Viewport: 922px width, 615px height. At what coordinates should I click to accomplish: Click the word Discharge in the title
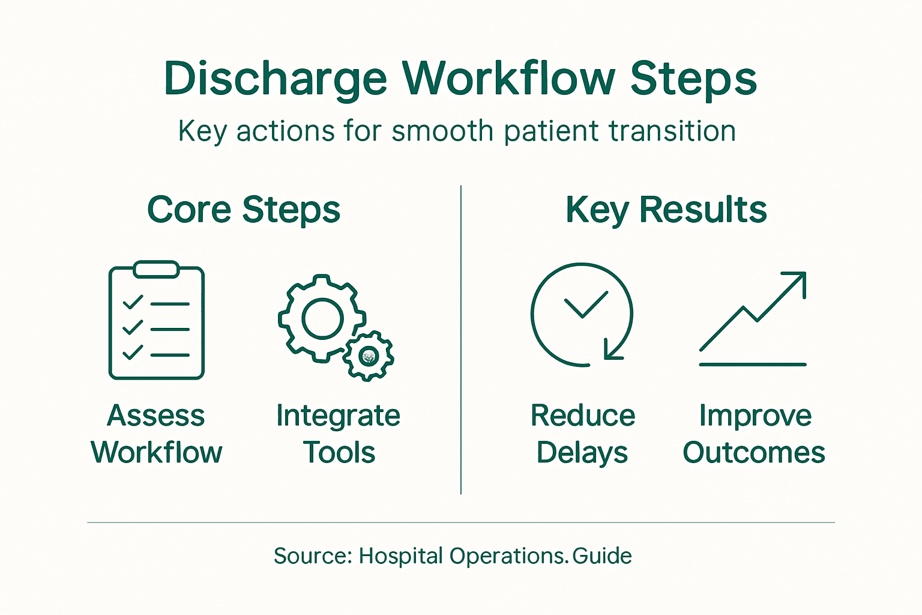(276, 79)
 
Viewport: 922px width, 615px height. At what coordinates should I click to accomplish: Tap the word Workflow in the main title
(508, 78)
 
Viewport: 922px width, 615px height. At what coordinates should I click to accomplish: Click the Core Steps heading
(244, 210)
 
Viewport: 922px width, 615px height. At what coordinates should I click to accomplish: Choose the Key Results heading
(666, 210)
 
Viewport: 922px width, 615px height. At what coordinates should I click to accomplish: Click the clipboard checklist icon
(157, 321)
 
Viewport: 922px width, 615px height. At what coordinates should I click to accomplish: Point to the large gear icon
(322, 318)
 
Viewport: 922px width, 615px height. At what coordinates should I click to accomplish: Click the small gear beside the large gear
(368, 356)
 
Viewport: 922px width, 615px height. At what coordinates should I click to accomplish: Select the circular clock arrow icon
(582, 314)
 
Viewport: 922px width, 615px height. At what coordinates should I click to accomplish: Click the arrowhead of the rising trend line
(796, 281)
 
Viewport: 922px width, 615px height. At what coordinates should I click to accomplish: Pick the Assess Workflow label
(156, 434)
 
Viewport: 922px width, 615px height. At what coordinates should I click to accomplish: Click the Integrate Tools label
(339, 434)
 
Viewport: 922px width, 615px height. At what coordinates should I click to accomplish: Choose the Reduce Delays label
(582, 434)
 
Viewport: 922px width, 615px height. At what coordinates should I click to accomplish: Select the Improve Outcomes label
(754, 434)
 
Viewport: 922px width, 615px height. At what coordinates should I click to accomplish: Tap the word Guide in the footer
(602, 556)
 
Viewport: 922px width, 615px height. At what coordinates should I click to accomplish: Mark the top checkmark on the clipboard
(133, 302)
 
